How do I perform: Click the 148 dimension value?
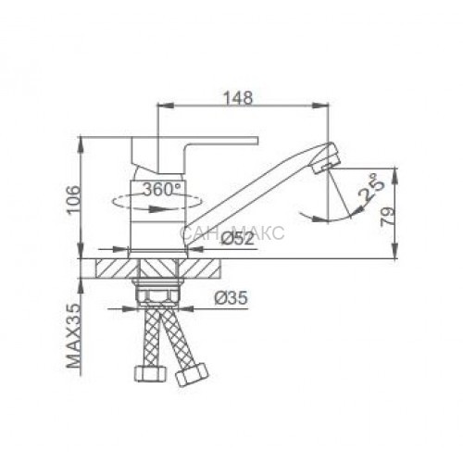pos(238,98)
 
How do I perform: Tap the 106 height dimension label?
pos(74,199)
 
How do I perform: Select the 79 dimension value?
pos(388,217)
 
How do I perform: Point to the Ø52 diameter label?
pos(238,239)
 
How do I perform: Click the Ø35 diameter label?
pos(231,298)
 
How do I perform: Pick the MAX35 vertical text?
pos(73,336)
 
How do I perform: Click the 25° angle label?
pos(371,187)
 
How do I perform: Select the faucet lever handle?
pos(194,155)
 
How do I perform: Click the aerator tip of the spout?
pos(327,157)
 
